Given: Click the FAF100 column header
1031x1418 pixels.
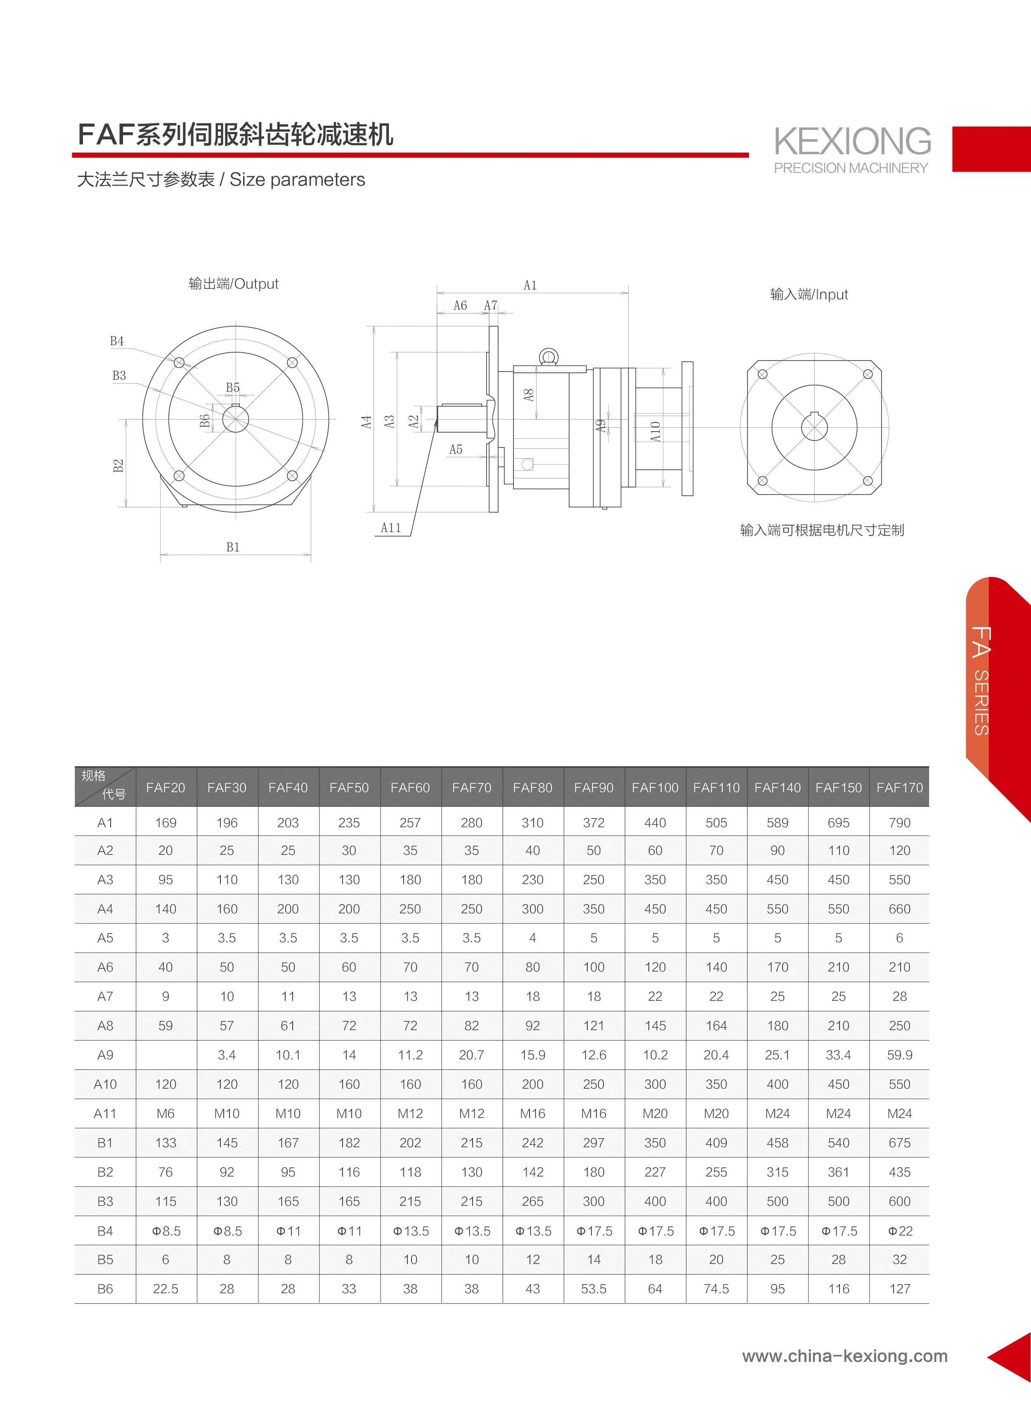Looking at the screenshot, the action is (655, 788).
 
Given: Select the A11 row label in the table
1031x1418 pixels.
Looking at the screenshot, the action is (105, 1114).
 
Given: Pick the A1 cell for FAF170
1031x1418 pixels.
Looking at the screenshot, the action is (900, 823).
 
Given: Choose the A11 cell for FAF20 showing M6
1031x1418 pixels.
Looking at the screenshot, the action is (166, 1114).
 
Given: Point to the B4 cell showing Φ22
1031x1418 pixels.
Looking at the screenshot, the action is (900, 1231).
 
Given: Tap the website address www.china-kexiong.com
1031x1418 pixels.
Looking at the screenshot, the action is (844, 1356).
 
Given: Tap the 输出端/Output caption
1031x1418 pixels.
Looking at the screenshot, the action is (233, 284).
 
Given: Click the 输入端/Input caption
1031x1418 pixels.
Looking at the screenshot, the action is (809, 294).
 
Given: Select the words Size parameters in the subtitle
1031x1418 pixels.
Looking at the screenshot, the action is (297, 180).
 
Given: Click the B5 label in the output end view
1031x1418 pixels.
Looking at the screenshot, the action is (233, 388).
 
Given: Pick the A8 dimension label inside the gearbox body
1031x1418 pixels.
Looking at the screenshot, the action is (529, 395).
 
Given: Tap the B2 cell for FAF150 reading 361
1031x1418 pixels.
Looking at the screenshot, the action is (838, 1172).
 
